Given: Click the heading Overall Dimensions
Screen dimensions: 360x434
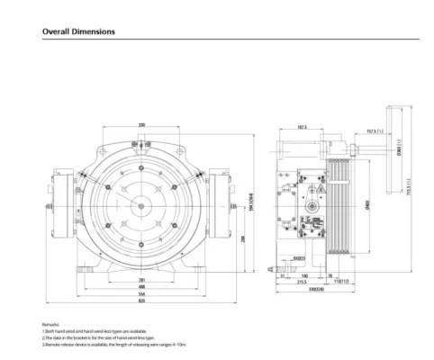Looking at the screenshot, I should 78,31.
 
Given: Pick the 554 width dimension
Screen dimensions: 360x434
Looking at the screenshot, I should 142,294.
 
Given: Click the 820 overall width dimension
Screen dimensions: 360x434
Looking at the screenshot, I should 142,302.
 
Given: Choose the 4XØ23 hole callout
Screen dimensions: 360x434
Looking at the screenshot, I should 296,260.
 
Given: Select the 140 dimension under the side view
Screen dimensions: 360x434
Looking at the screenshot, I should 305,276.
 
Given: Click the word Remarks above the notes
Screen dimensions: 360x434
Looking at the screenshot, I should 50,322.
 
